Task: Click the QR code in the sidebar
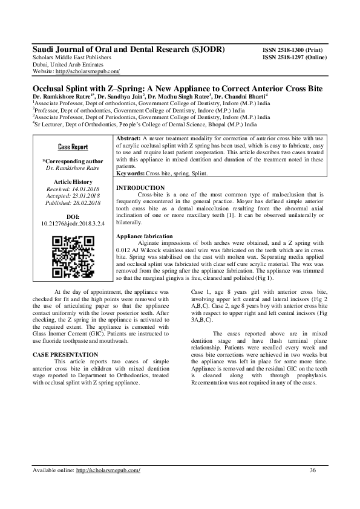72,256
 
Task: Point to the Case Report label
73,147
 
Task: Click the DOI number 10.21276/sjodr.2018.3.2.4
73,224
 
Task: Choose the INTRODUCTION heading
139,188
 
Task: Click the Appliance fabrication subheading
144,236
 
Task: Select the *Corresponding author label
72,161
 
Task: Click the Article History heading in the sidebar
73,181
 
